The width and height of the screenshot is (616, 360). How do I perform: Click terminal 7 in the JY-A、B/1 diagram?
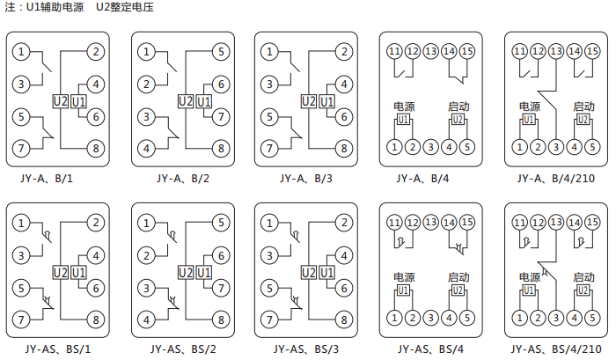[x=22, y=147]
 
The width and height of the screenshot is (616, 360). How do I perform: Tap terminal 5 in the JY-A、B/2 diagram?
[x=221, y=52]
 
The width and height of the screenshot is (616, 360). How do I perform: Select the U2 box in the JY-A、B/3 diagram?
[x=308, y=101]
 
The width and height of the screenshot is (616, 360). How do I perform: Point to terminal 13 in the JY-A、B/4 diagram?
[x=430, y=51]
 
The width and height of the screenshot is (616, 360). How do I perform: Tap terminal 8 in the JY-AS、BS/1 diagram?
[x=95, y=318]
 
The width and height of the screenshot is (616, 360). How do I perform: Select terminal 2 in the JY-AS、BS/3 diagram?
[x=344, y=223]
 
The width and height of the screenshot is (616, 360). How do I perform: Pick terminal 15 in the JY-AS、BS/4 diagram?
[x=467, y=223]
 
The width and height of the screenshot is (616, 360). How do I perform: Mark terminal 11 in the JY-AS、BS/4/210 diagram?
[x=519, y=223]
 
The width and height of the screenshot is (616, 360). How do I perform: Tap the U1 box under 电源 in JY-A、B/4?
[x=404, y=119]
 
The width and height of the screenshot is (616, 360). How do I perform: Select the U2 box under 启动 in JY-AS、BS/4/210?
[x=583, y=290]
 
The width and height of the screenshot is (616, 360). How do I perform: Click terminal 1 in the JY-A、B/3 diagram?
[x=269, y=52]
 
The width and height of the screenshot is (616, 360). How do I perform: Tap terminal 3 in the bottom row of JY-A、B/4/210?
[x=556, y=146]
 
